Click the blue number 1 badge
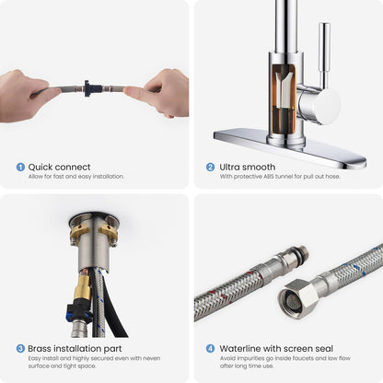(20, 167)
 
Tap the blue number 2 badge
(210, 167)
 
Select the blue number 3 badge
(20, 349)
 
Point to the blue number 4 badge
(210, 349)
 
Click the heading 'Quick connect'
(59, 168)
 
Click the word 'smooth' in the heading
(258, 167)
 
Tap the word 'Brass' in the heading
(40, 349)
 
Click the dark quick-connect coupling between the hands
(90, 88)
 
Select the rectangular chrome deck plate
(290, 147)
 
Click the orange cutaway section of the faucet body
(284, 98)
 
